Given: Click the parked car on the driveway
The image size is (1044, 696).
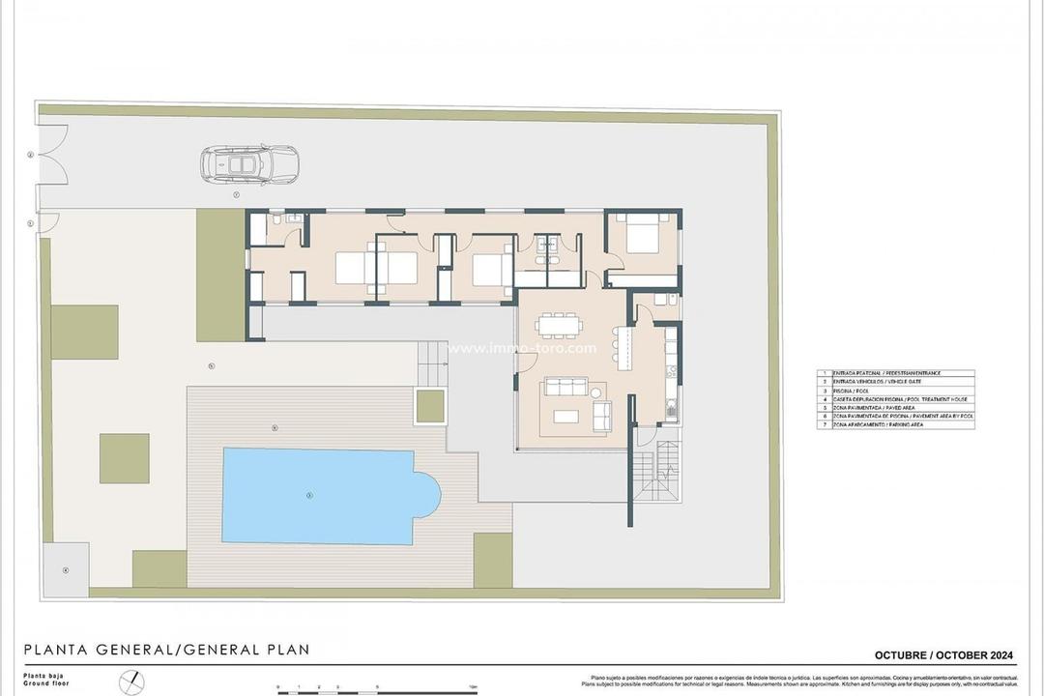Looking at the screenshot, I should [x=249, y=164].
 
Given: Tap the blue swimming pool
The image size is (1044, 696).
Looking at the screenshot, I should [x=324, y=495].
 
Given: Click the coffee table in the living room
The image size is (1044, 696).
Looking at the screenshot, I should [x=565, y=417].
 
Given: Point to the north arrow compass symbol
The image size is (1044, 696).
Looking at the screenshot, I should [x=130, y=682].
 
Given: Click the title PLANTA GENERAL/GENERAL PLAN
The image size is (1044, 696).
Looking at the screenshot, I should [x=166, y=650].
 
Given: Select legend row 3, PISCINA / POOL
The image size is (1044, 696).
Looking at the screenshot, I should [x=895, y=390].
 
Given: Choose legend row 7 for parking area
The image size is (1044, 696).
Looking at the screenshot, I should [x=895, y=424].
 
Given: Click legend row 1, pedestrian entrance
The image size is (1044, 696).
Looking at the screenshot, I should [x=895, y=372].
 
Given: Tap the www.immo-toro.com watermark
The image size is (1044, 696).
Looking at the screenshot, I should [x=522, y=348].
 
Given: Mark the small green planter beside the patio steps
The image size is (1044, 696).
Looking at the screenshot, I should [x=430, y=406].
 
